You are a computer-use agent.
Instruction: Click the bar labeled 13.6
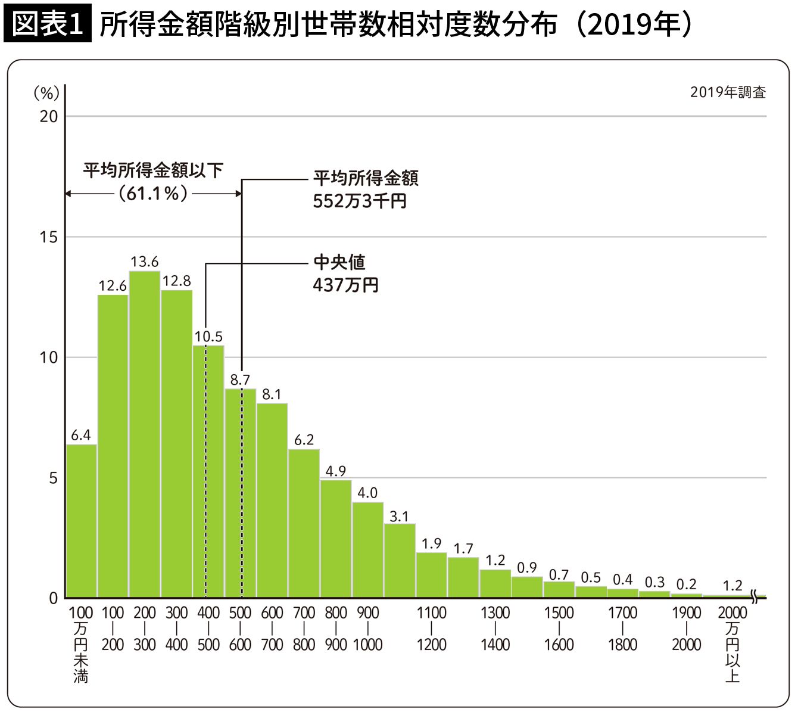(x=145, y=435)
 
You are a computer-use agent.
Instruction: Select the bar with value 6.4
(x=81, y=521)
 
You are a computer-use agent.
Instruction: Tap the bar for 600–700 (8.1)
(x=272, y=500)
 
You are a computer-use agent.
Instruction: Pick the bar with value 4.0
(x=367, y=550)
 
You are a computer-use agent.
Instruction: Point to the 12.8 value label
(x=177, y=281)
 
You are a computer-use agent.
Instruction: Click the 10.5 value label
(x=208, y=337)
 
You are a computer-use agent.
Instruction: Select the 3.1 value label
(x=399, y=517)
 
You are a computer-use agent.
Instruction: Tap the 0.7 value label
(x=559, y=575)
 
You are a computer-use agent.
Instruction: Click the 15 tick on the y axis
(x=49, y=237)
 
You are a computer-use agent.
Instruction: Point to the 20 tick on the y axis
(x=49, y=116)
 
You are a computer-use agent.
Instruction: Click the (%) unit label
(x=46, y=93)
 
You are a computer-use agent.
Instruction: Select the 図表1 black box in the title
(x=47, y=24)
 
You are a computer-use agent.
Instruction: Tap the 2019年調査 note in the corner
(x=728, y=92)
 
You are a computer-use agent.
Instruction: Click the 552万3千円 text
(x=360, y=201)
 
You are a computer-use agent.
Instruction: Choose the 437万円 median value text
(x=346, y=285)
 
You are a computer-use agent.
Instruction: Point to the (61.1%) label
(x=154, y=194)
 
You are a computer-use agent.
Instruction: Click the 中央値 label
(x=339, y=263)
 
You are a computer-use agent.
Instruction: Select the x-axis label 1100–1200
(x=431, y=629)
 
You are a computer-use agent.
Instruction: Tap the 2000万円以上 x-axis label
(x=732, y=643)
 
